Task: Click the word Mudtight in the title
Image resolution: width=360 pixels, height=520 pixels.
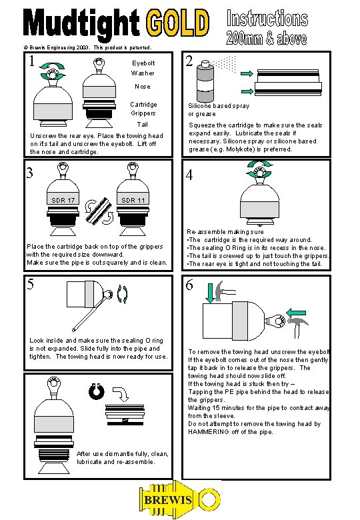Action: [82, 23]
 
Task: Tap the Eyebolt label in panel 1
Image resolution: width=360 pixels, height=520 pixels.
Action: [143, 63]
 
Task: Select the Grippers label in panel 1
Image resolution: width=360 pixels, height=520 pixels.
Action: [143, 113]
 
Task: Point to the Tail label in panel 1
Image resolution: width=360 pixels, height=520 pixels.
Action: [143, 125]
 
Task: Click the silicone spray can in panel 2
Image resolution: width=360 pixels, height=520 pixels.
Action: [205, 81]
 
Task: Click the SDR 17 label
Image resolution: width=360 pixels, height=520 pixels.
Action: [63, 200]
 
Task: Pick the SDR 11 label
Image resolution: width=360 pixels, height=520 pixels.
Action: [133, 200]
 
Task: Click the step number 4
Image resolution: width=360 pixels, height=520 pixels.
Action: [189, 175]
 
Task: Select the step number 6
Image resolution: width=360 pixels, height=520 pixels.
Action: [189, 285]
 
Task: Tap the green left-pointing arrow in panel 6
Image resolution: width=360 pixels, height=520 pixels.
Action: [296, 313]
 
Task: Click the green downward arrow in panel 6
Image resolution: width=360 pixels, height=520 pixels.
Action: [210, 293]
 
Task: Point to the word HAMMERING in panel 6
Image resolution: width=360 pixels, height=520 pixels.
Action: [209, 432]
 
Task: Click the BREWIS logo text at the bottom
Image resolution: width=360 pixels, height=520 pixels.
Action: [168, 500]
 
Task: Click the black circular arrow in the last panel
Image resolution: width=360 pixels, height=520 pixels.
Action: [97, 391]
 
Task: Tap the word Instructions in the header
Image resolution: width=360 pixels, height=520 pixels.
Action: [267, 18]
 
